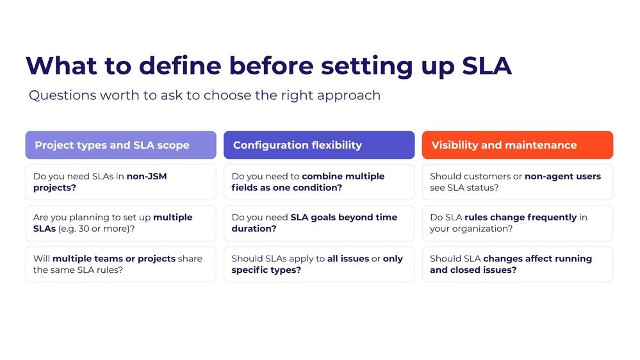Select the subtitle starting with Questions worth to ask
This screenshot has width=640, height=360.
[x=204, y=95]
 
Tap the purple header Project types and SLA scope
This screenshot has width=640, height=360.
[x=120, y=145]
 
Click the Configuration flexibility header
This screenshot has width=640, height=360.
[x=318, y=145]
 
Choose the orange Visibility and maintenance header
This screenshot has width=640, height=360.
[x=517, y=145]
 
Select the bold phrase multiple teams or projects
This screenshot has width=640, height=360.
[x=113, y=259]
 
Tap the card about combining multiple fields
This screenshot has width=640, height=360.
[x=318, y=182]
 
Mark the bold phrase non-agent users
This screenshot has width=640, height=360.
[x=562, y=176]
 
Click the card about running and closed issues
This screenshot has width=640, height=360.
[x=517, y=264]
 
